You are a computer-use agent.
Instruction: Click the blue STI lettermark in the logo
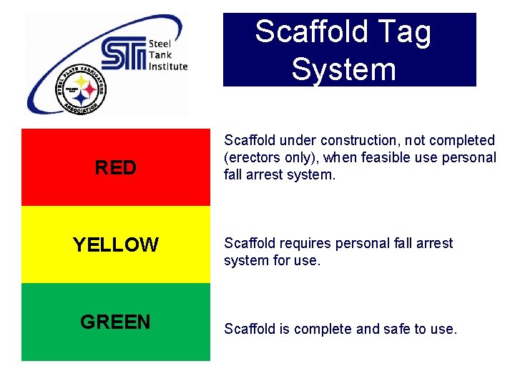124,54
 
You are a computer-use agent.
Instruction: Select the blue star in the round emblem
81,99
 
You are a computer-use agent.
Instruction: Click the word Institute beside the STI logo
168,66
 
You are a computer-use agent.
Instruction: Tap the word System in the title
343,69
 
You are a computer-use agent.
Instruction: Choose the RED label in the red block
115,168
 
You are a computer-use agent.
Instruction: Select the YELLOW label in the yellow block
115,245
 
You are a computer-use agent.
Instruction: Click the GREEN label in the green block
115,322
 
